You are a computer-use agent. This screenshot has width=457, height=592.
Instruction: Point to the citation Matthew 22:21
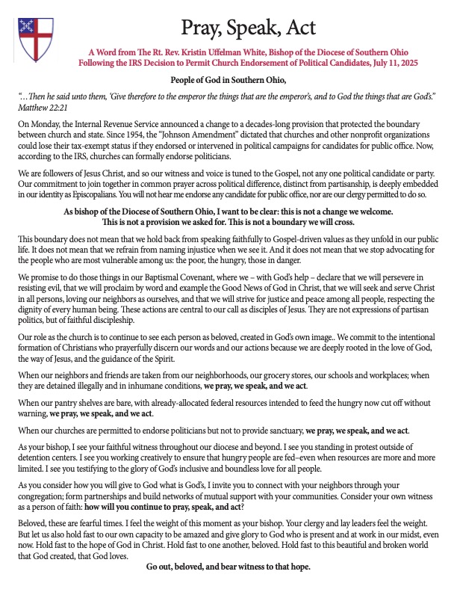[x=37, y=108]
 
